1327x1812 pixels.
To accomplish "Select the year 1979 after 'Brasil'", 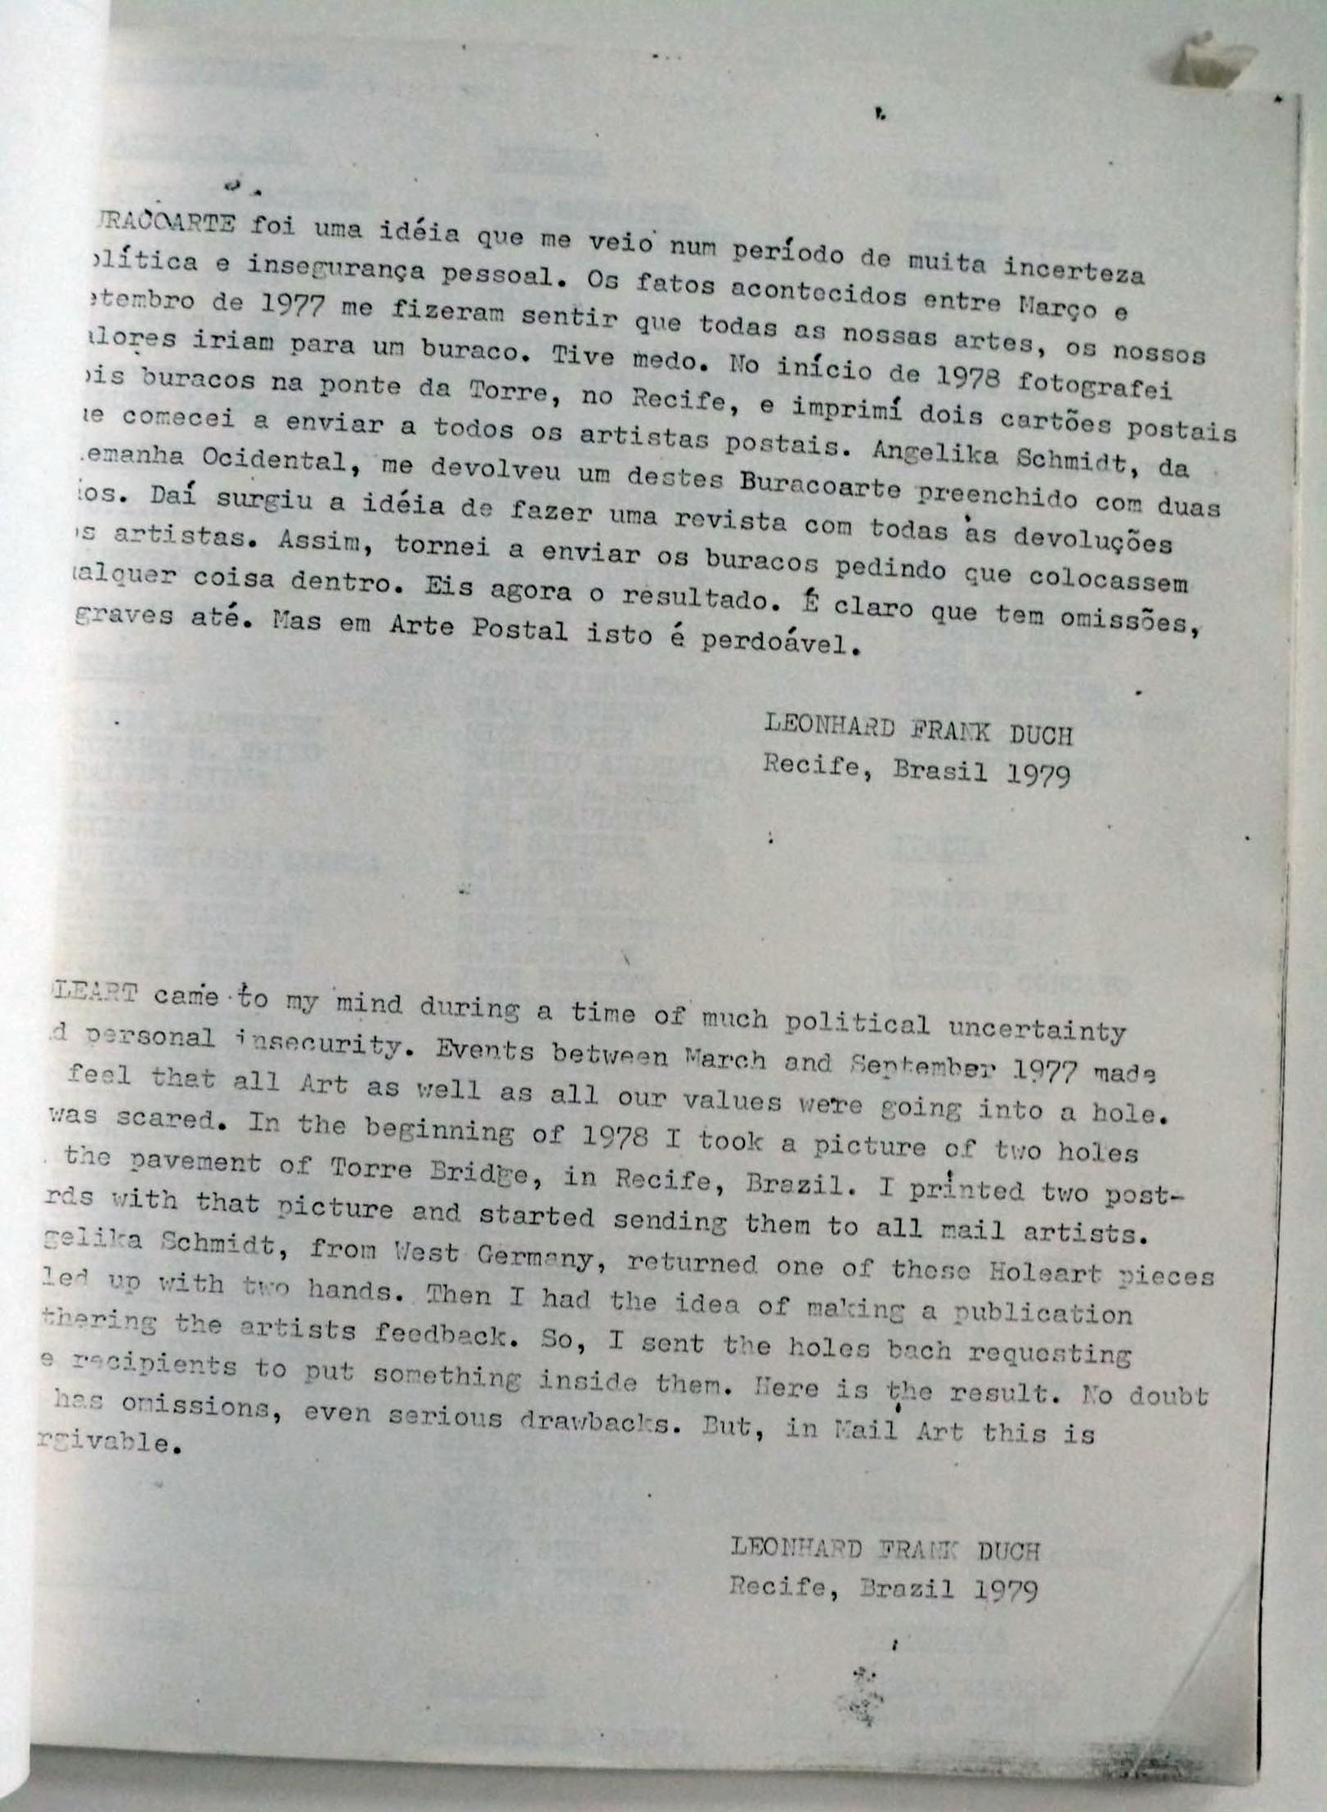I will [1038, 774].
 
